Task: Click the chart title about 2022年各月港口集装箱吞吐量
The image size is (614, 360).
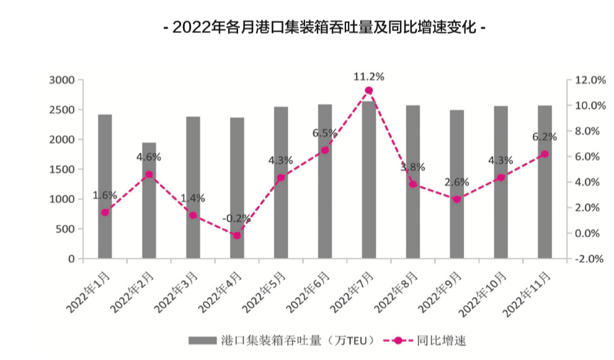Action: coord(323,28)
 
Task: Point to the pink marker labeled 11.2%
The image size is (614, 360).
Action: coord(369,91)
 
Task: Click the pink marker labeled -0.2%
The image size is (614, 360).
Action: coord(237,235)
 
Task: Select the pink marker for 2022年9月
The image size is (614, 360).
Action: coord(456,199)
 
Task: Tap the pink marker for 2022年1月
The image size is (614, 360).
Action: coord(105,212)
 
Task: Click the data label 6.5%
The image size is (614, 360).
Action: coord(324,133)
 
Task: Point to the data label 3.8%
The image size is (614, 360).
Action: coord(412,166)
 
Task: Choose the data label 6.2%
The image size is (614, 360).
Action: coord(545,137)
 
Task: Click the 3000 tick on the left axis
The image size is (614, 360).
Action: coord(62,80)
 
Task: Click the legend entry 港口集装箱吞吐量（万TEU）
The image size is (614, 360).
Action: coord(282,340)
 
